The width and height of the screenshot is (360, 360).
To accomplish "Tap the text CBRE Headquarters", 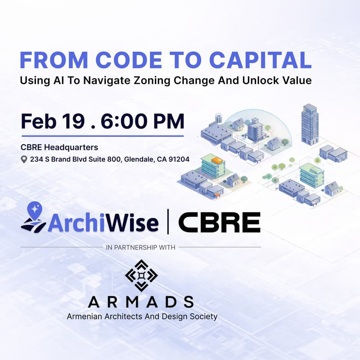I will (x=59, y=147).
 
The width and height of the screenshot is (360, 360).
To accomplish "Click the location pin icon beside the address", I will (x=24, y=159).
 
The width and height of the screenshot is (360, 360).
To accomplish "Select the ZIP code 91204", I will (x=178, y=159).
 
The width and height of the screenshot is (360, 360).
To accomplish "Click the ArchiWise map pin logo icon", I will (x=33, y=217).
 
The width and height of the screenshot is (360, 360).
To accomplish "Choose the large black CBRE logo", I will (x=219, y=222).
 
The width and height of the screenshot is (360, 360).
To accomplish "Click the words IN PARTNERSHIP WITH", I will (x=141, y=247).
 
